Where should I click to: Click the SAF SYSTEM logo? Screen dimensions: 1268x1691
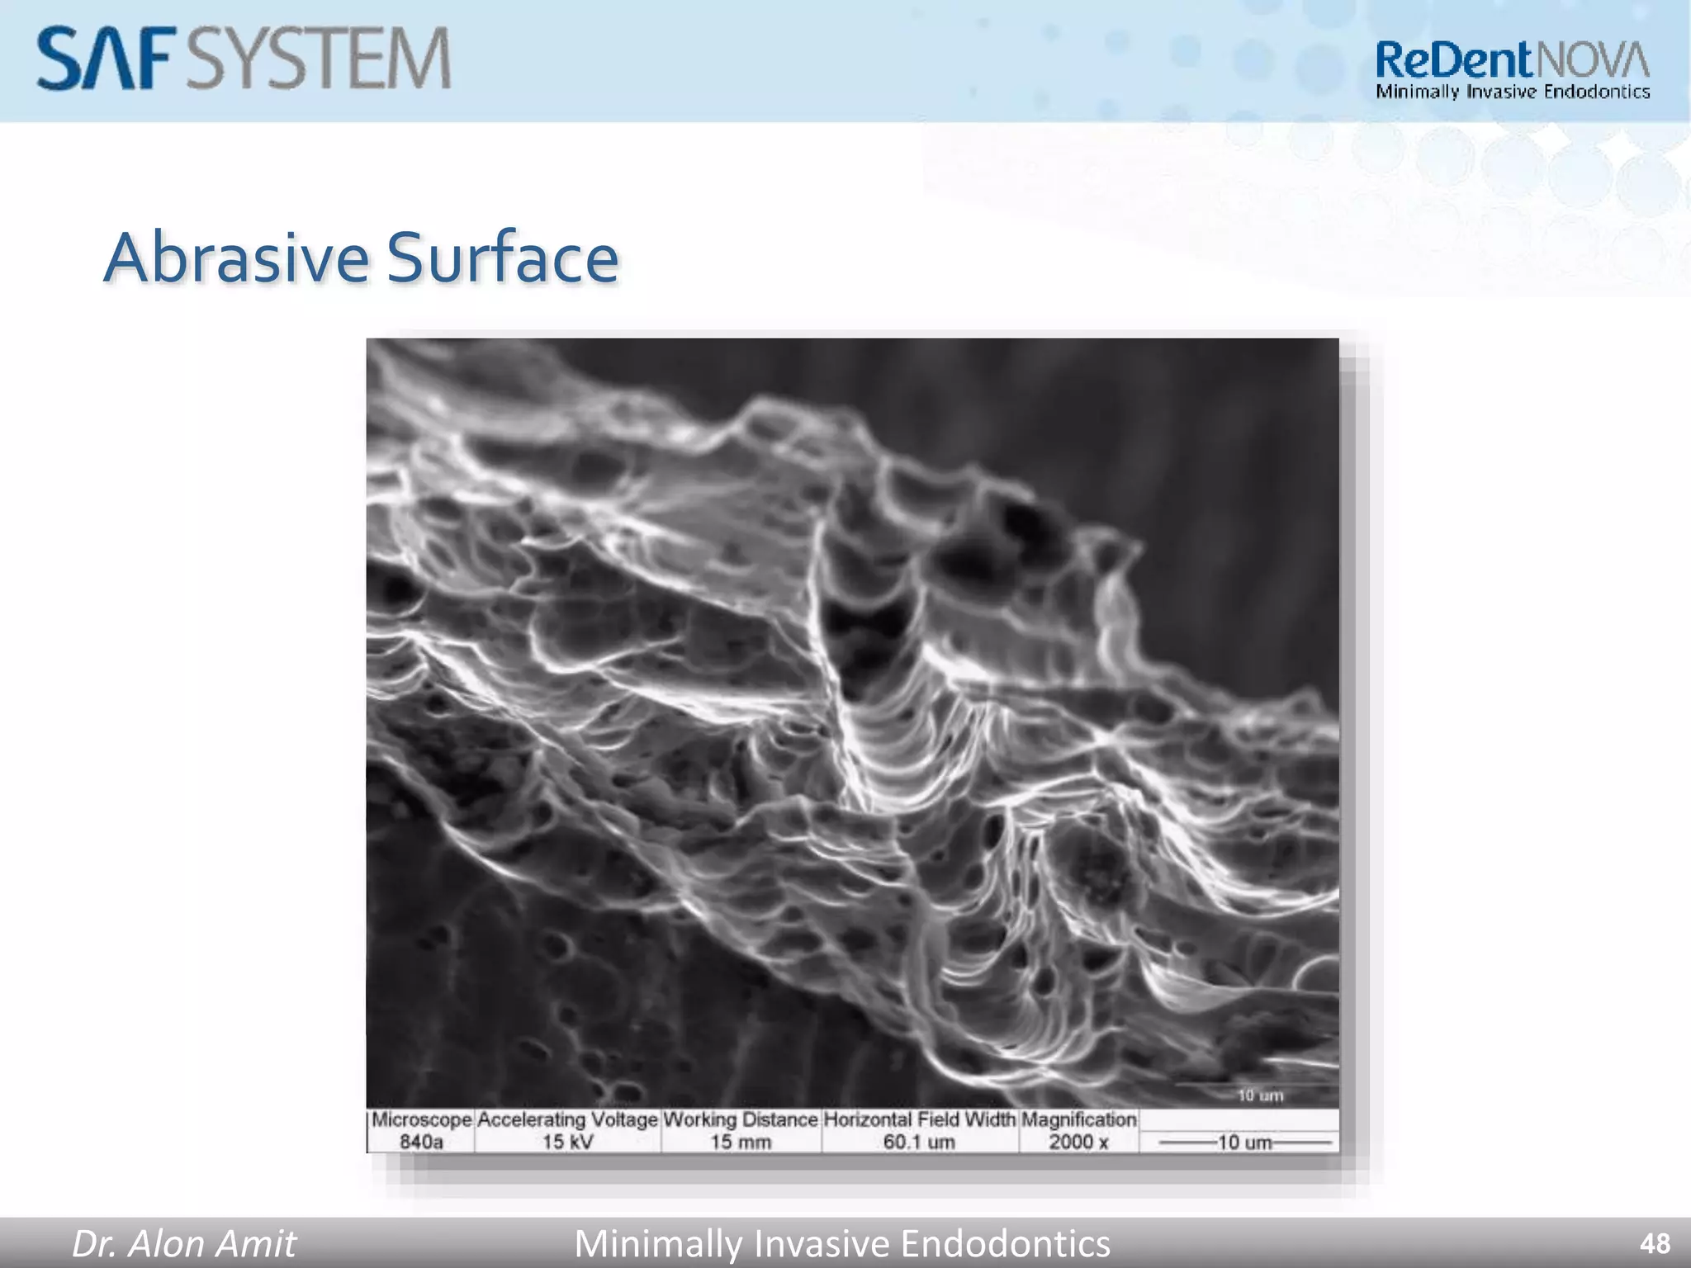(244, 58)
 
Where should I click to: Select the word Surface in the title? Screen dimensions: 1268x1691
(503, 258)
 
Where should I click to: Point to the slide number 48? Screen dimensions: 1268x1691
(1655, 1243)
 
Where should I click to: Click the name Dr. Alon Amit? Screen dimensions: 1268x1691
(184, 1243)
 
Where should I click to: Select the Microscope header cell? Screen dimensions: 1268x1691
(421, 1120)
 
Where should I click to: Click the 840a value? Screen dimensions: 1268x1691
(421, 1143)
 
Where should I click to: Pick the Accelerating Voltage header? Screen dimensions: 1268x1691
(567, 1120)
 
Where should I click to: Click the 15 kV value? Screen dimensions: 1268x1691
(567, 1143)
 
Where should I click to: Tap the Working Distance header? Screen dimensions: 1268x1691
(741, 1120)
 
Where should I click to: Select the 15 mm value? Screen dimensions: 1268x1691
(741, 1143)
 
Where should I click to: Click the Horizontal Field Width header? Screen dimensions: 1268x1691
(920, 1120)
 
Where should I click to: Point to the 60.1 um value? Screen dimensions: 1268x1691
(919, 1143)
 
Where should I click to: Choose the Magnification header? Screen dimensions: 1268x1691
(1079, 1120)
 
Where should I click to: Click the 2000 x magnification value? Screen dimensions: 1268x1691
(1078, 1143)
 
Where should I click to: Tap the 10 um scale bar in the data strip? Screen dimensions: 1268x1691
(1245, 1143)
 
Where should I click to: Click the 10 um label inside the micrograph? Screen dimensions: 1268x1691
(1260, 1095)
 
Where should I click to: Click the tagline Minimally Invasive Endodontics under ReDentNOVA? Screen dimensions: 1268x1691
(1513, 92)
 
